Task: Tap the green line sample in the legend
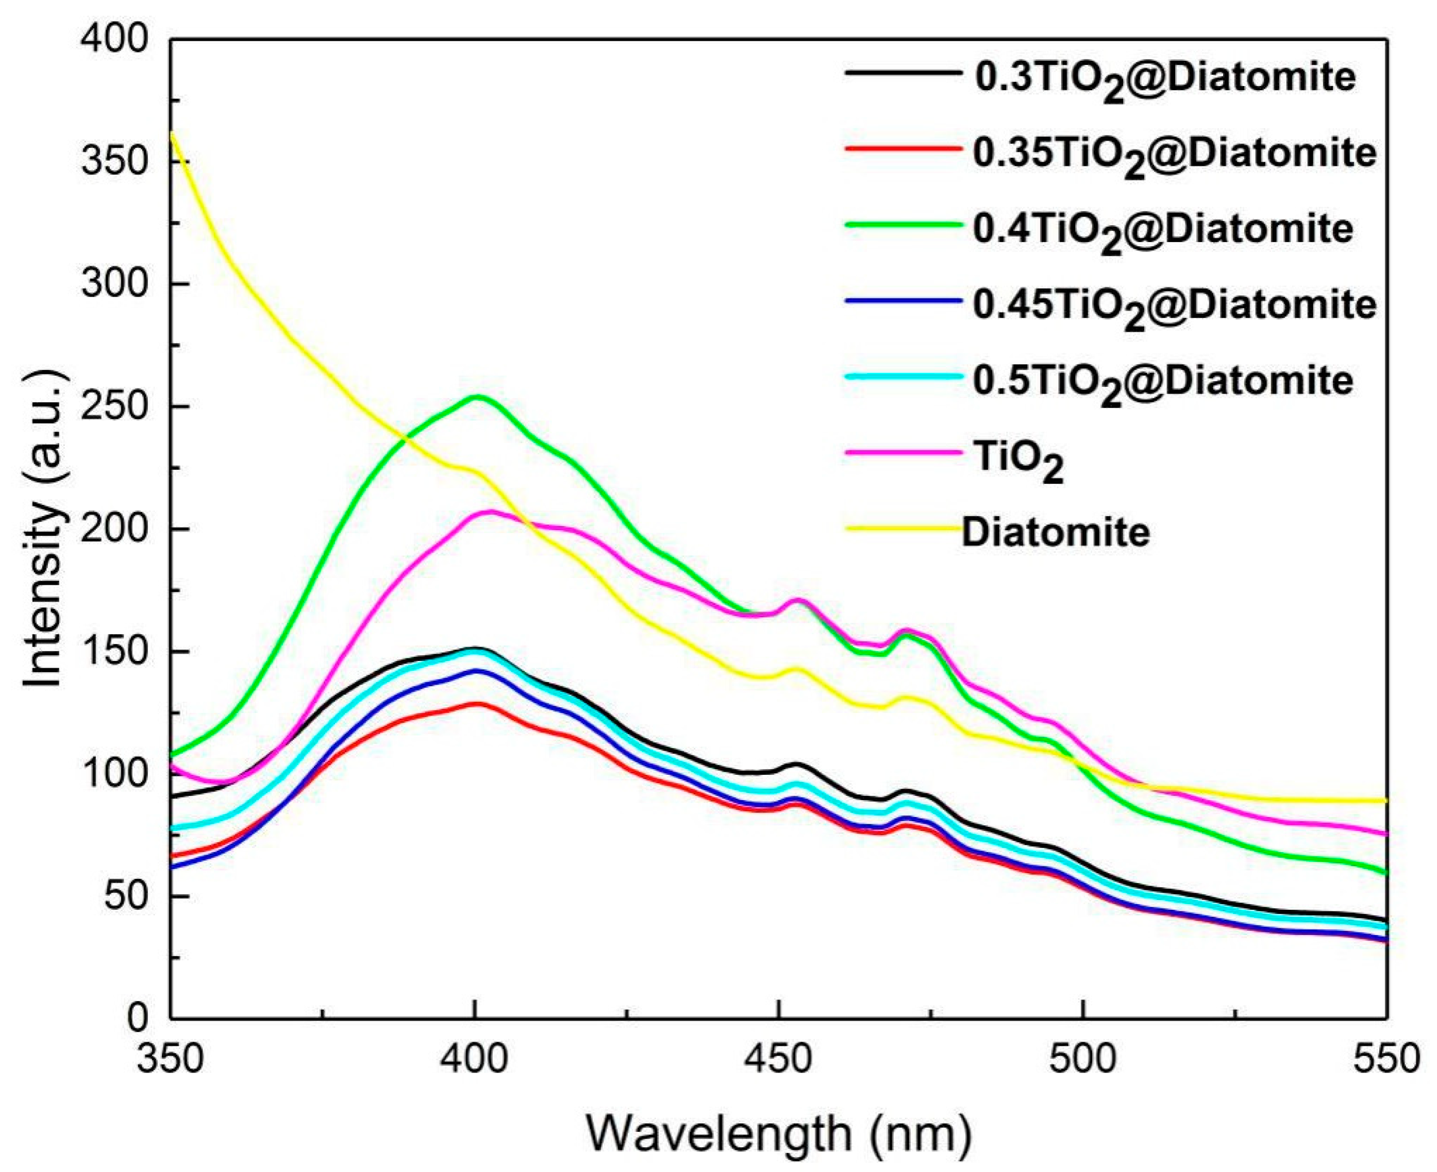coord(902,225)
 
